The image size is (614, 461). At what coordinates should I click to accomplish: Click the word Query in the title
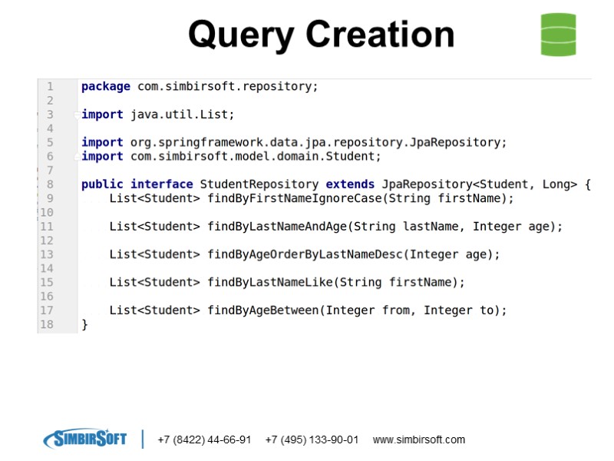coord(240,35)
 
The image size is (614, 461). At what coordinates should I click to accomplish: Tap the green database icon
coord(558,35)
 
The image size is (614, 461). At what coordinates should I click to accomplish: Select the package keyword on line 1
coord(106,87)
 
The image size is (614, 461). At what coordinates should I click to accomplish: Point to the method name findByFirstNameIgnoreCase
coord(295,198)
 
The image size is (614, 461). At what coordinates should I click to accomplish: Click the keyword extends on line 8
coord(350,184)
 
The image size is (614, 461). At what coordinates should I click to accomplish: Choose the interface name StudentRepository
coord(259,184)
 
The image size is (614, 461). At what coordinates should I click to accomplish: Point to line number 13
coord(46,254)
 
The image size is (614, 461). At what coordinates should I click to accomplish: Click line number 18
coord(46,324)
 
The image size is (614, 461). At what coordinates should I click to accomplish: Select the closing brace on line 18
coord(85,324)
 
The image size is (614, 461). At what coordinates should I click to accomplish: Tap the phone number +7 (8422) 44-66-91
coord(204,440)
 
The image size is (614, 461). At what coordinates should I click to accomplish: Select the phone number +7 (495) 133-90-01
coord(312,440)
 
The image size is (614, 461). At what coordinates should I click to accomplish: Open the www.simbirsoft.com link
coord(419,440)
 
